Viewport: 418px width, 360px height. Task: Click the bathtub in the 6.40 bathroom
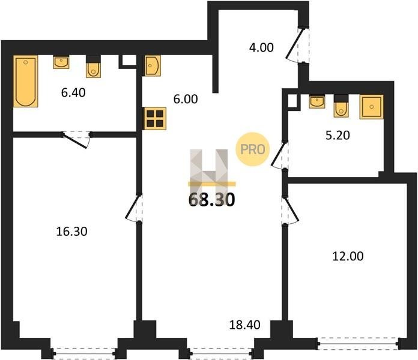[x=26, y=81]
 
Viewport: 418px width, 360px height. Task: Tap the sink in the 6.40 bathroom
[x=61, y=62]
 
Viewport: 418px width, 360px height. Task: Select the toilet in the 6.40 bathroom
[x=93, y=67]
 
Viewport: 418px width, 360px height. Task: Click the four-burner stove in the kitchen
[x=155, y=118]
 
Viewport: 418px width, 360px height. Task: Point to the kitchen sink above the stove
[x=153, y=65]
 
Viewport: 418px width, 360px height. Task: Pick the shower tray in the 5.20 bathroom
[x=372, y=107]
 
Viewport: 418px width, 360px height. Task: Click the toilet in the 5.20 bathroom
[x=341, y=106]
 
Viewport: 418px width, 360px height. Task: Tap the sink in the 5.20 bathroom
[x=317, y=101]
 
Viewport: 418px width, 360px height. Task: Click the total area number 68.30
[x=211, y=200]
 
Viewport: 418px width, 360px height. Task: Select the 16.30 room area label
[x=71, y=232]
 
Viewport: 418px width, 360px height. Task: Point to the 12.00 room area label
[x=348, y=256]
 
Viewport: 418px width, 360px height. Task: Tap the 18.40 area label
[x=244, y=325]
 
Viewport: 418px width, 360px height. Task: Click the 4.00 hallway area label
[x=261, y=47]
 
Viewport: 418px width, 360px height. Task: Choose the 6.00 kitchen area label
[x=186, y=99]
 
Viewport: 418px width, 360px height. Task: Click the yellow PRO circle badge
[x=252, y=149]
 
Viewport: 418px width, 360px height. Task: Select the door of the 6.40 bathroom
[x=76, y=139]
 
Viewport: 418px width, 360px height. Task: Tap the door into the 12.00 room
[x=290, y=211]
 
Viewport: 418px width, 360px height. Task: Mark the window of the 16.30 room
[x=84, y=353]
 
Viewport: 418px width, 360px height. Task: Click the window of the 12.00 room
[x=358, y=343]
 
